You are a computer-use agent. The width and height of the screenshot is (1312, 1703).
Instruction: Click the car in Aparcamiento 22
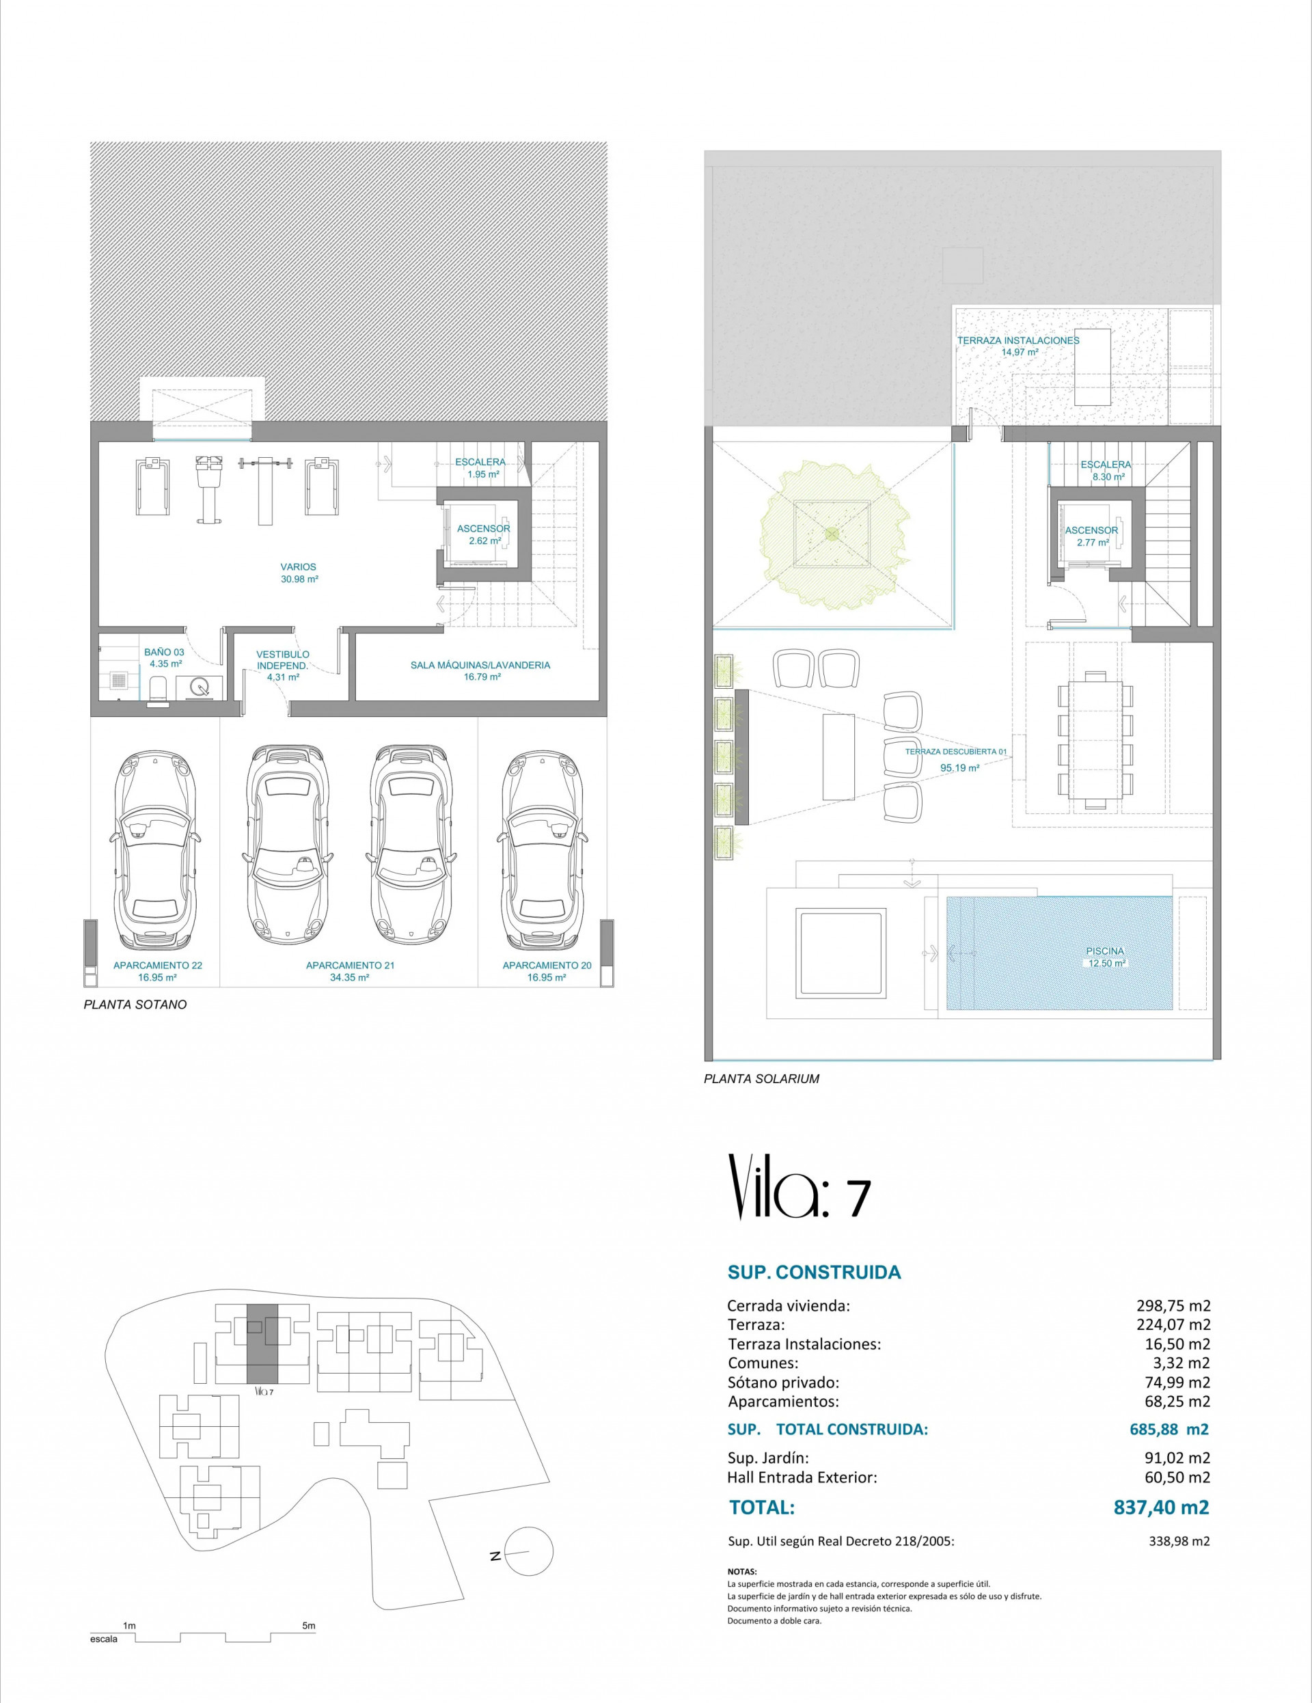click(154, 847)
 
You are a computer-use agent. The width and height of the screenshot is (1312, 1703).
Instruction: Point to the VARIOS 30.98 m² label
click(299, 573)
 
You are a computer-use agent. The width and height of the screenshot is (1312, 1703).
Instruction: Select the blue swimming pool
click(1058, 952)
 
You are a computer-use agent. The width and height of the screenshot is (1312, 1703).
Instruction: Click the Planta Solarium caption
click(761, 1079)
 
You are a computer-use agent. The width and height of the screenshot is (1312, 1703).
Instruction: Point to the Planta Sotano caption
click(135, 1005)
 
